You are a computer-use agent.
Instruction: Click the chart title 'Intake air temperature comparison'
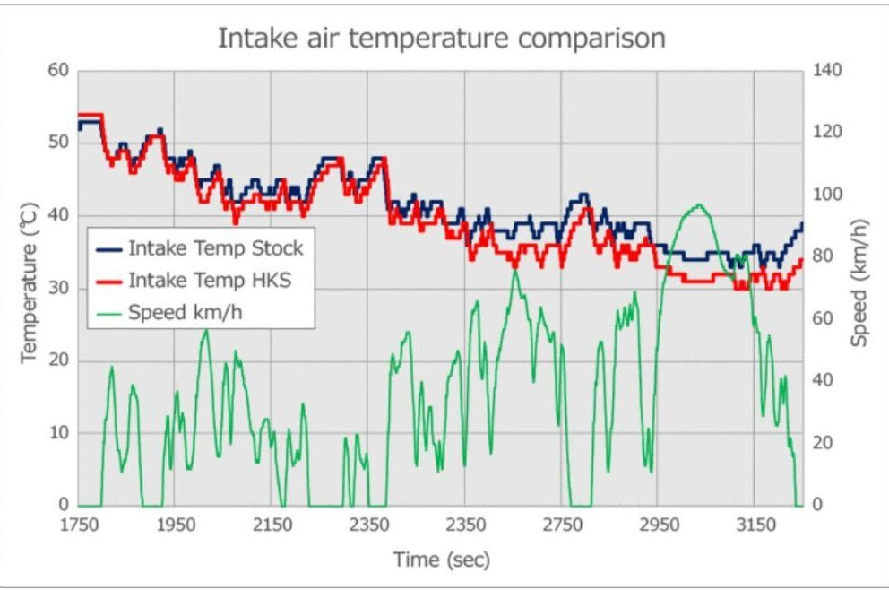click(443, 39)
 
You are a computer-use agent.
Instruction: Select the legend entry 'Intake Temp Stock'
click(216, 247)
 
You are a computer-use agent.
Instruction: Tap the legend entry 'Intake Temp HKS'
click(210, 281)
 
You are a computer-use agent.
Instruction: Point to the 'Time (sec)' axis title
click(442, 560)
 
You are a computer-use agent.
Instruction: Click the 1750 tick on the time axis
click(78, 525)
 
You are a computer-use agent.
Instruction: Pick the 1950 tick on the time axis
click(175, 525)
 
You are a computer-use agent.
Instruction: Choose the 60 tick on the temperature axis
click(57, 71)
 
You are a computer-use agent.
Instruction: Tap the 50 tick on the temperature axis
click(57, 143)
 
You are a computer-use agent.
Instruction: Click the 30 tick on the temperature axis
click(57, 288)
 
